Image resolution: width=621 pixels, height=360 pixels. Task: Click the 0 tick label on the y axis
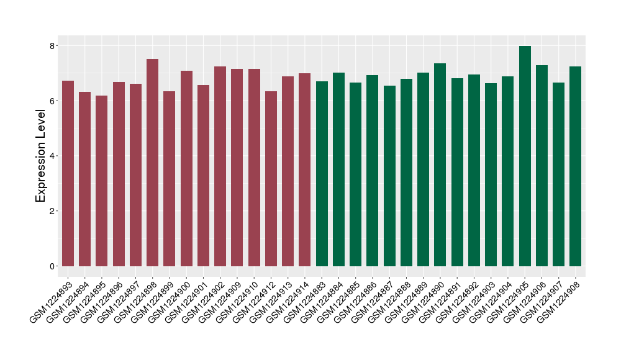52,266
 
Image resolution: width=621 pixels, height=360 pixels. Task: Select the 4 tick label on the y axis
52,156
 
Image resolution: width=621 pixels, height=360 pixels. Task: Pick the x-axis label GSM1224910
239,300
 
